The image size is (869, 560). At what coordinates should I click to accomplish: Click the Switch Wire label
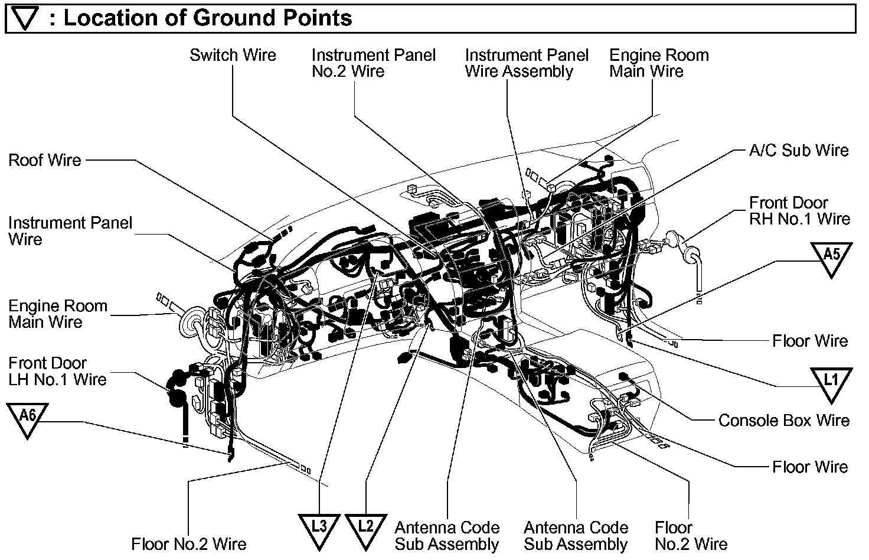[233, 56]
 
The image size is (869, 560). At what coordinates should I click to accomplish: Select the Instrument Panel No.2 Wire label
[373, 63]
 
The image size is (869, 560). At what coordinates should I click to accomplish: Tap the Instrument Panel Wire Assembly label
[527, 63]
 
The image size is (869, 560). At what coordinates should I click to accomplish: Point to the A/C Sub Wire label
[798, 151]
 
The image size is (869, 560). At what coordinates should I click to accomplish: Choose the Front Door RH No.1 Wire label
[799, 211]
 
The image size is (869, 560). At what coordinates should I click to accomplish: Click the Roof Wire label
[45, 160]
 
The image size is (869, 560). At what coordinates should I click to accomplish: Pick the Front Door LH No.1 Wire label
[57, 371]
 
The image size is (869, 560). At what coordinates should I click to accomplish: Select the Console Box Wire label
[783, 421]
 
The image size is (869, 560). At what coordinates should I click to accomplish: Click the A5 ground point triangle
[831, 258]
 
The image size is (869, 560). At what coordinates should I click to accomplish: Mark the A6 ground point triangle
[27, 418]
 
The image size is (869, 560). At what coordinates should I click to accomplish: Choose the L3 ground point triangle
[319, 529]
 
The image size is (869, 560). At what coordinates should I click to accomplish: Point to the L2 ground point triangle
[366, 529]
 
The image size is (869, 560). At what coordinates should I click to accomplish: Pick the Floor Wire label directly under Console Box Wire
[809, 467]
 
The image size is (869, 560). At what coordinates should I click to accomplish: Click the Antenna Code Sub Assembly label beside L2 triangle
[447, 536]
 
